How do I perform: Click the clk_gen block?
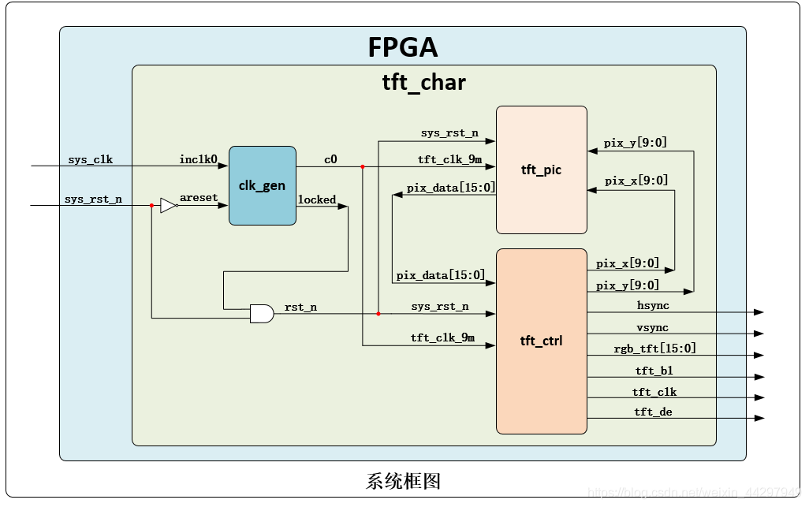263,186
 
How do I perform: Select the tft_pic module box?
541,170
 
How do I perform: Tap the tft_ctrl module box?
541,341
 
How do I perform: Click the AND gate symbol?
261,314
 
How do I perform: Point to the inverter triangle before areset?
168,205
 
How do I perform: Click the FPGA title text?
402,47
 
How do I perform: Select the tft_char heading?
424,82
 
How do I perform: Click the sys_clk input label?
90,159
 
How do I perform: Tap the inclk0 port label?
198,159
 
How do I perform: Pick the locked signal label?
317,199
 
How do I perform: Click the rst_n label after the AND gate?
300,307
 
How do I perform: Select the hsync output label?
653,304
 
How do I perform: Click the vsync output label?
653,326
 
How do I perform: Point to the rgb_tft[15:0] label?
654,348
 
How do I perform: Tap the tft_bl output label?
654,370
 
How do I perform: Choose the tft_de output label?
654,412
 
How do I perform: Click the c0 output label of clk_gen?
330,159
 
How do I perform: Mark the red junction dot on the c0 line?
363,166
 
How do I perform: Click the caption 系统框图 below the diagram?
403,480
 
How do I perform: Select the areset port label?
199,198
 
